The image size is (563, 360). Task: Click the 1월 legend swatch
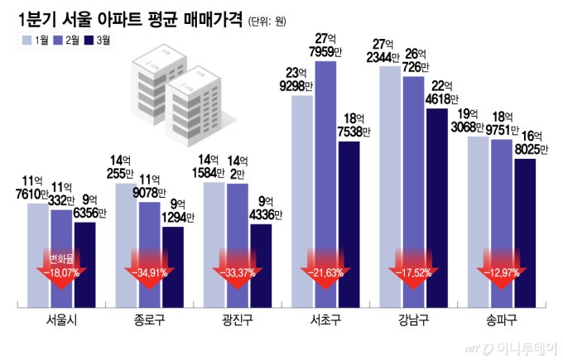coord(28,40)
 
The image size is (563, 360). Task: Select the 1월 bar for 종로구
coord(128,240)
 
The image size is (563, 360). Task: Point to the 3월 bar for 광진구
coord(260,261)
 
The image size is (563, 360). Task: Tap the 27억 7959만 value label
coord(325,47)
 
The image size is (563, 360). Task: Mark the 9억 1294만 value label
coord(176,212)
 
